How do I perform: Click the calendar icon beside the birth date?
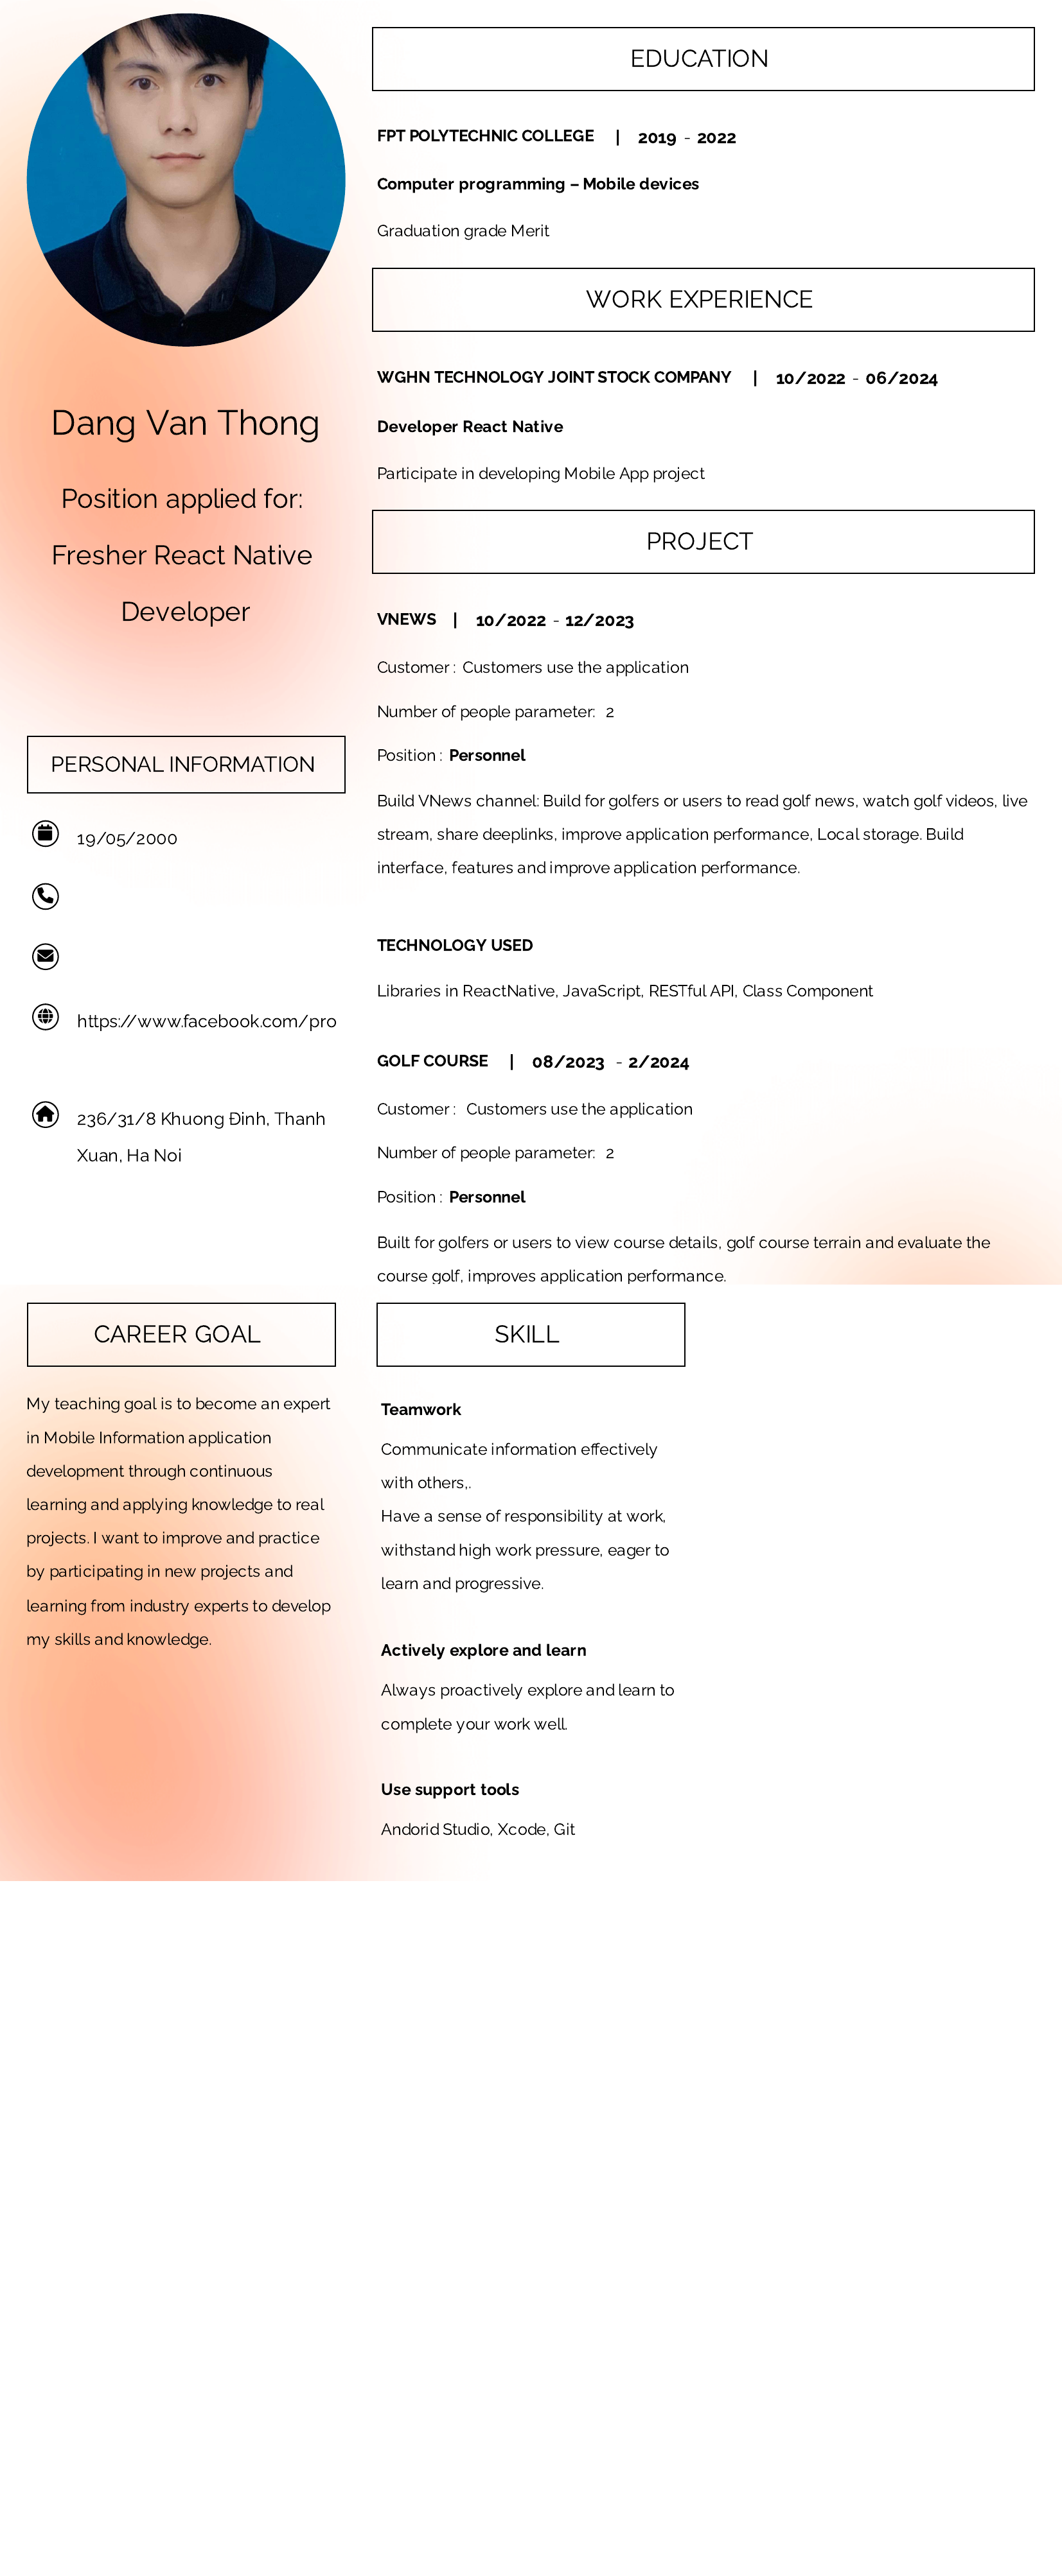click(x=45, y=833)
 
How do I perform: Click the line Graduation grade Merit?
click(x=463, y=231)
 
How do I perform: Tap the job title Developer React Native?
click(x=470, y=427)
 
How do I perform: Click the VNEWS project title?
click(x=406, y=619)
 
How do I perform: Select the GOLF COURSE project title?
click(x=432, y=1061)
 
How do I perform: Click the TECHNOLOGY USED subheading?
click(x=455, y=945)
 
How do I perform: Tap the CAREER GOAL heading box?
click(x=181, y=1334)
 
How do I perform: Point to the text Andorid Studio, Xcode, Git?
click(x=477, y=1829)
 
